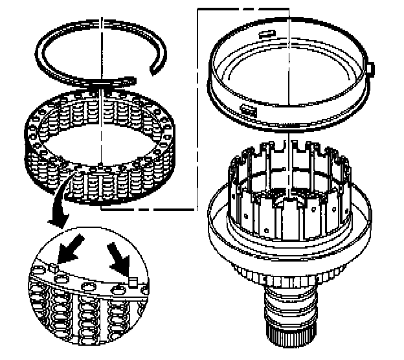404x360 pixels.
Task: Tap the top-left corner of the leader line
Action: tap(197, 7)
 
